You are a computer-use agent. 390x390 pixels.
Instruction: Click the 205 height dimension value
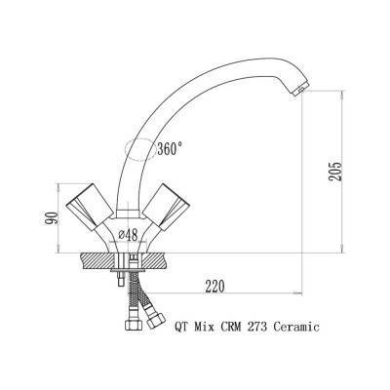pos(335,172)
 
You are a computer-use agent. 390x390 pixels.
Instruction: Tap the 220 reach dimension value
pos(214,287)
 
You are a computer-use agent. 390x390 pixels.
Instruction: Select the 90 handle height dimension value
pos(52,217)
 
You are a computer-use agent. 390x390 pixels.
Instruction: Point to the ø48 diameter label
pos(128,235)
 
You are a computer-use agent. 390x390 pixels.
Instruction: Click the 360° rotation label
pos(170,148)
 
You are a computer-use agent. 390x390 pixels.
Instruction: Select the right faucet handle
pos(166,206)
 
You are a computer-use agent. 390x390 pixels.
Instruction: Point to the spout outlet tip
pos(299,90)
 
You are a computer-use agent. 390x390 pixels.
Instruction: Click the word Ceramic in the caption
pos(296,327)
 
